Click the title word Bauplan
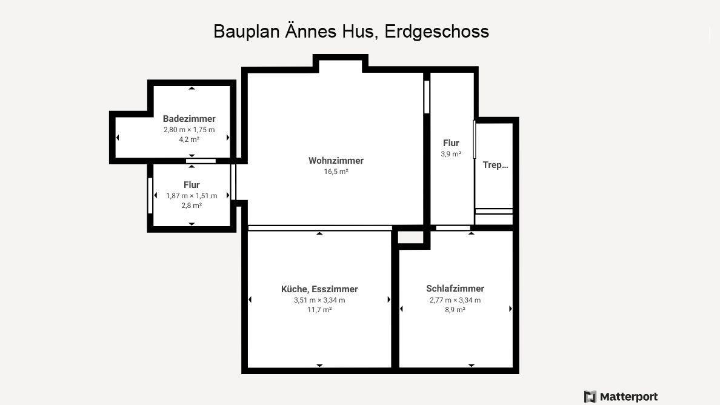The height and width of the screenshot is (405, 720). pyautogui.click(x=247, y=32)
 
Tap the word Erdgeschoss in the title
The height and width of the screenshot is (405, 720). pyautogui.click(x=437, y=32)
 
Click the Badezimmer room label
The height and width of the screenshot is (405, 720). pyautogui.click(x=189, y=118)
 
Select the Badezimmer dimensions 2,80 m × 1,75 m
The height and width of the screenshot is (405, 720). pyautogui.click(x=189, y=130)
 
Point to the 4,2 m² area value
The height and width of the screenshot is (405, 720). pyautogui.click(x=189, y=139)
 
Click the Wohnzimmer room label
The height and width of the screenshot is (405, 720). pyautogui.click(x=336, y=161)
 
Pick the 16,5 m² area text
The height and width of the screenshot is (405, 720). pyautogui.click(x=336, y=171)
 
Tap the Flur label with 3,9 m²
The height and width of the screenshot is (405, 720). pyautogui.click(x=451, y=143)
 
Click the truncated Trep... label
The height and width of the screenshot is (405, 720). pyautogui.click(x=496, y=165)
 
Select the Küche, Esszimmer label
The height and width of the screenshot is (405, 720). pyautogui.click(x=319, y=289)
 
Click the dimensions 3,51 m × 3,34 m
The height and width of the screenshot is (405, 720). pyautogui.click(x=319, y=300)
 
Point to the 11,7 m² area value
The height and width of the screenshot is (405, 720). pyautogui.click(x=319, y=309)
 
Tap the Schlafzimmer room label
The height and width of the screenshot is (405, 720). pyautogui.click(x=455, y=289)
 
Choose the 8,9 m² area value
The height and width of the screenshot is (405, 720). pyautogui.click(x=455, y=309)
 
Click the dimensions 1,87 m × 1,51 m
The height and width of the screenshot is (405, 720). pyautogui.click(x=192, y=196)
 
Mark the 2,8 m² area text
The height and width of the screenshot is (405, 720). pyautogui.click(x=192, y=206)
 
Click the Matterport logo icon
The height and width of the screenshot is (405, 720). pyautogui.click(x=590, y=397)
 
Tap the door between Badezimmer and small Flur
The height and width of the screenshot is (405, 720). pyautogui.click(x=201, y=161)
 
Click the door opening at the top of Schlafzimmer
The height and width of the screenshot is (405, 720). pyautogui.click(x=453, y=228)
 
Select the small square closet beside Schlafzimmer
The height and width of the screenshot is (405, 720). pyautogui.click(x=410, y=237)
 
